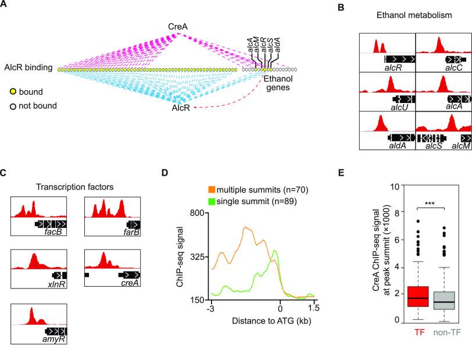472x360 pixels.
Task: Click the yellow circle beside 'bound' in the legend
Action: [12, 91]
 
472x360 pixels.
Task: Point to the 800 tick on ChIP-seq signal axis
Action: [199, 213]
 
